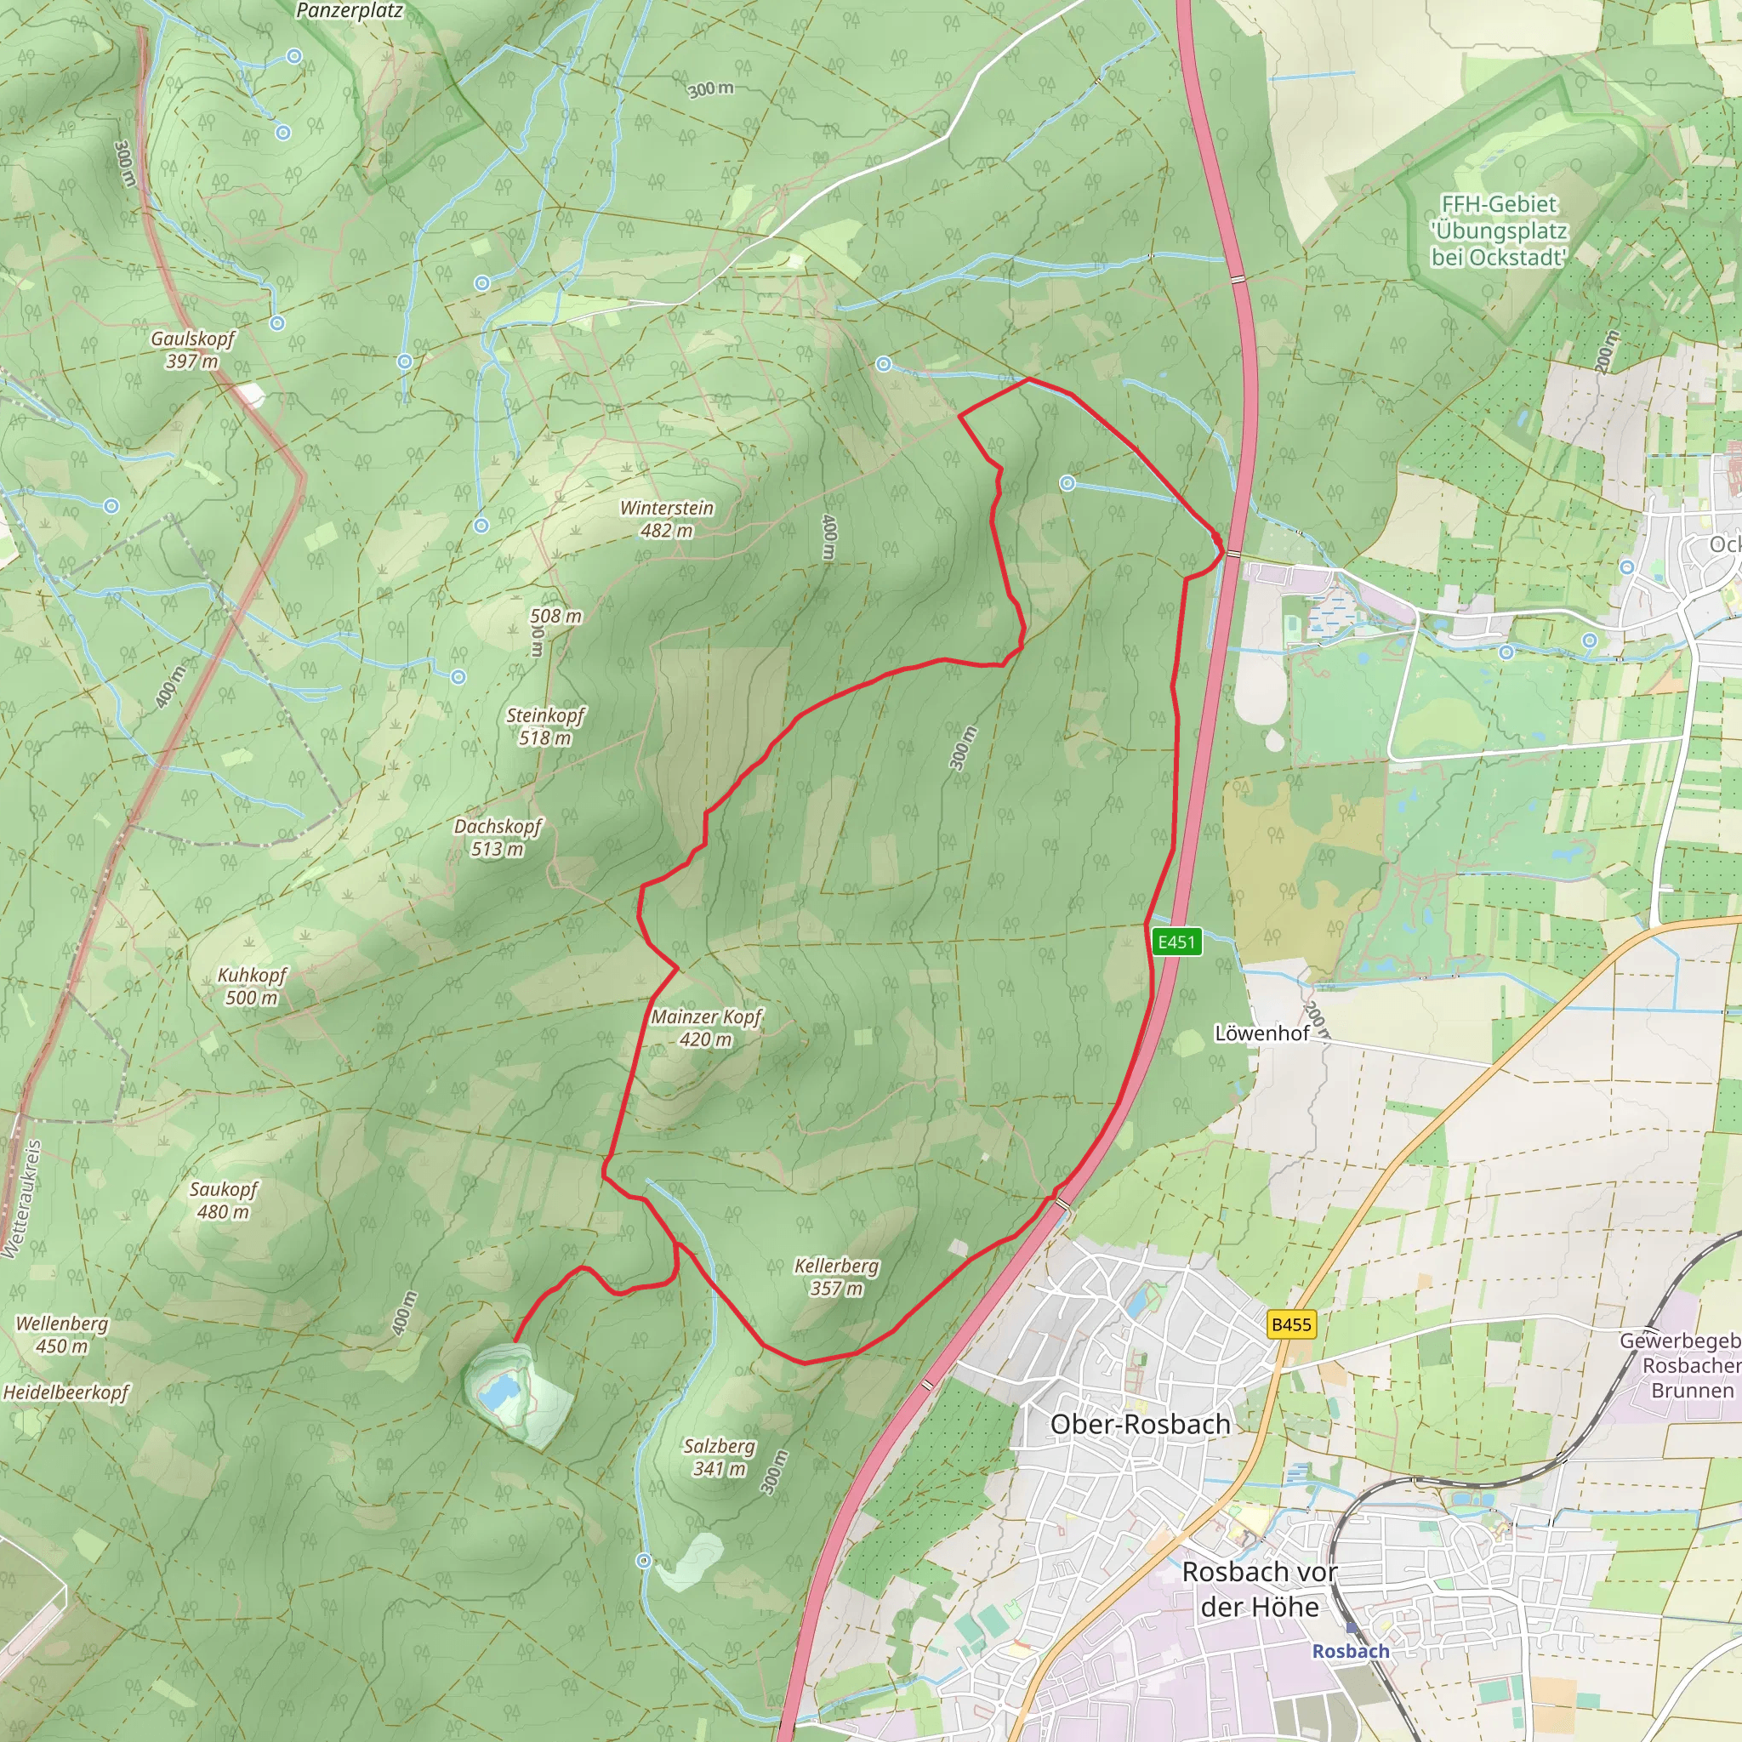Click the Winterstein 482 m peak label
pos(666,520)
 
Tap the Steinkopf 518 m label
pos(544,726)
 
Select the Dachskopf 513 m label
pos(498,837)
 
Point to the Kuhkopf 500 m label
pos(252,986)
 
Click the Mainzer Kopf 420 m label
pos(706,1028)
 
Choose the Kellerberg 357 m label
pos(836,1277)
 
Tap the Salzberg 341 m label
pos(719,1457)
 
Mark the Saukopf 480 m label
pos(223,1200)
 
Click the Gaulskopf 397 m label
pos(192,350)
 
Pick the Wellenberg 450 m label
pos(61,1335)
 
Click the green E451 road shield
pos(1176,942)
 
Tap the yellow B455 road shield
pos(1291,1324)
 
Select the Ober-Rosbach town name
pos(1140,1425)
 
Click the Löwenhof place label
pos(1261,1033)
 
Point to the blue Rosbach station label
pos(1350,1651)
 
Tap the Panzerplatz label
pos(349,11)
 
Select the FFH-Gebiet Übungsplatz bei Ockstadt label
pos(1499,231)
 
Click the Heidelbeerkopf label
pos(65,1392)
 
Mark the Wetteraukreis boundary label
pos(20,1199)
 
